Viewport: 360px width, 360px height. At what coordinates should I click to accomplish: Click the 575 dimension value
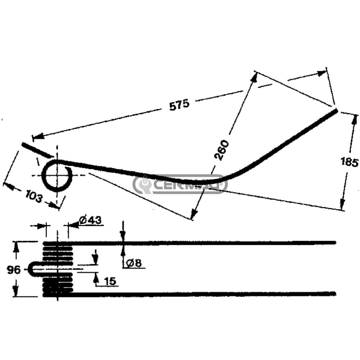tap(180, 105)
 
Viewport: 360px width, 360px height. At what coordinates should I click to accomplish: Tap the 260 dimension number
tap(222, 150)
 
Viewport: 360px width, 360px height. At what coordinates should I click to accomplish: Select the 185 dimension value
tap(349, 162)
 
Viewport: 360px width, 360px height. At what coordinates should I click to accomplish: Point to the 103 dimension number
tap(34, 196)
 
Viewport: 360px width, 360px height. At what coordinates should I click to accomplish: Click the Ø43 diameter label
tap(90, 220)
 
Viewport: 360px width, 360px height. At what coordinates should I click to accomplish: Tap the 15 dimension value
tap(110, 281)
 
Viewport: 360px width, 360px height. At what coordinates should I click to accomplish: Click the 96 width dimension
tap(14, 270)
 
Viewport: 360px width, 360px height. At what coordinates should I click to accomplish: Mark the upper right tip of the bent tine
tap(336, 111)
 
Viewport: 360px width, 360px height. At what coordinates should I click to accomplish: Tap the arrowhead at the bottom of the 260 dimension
tap(194, 213)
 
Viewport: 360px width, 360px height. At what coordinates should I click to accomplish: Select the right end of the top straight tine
tap(335, 243)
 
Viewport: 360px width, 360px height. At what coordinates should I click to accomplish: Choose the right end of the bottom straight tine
tap(335, 294)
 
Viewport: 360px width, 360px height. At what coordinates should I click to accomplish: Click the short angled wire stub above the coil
tap(37, 150)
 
